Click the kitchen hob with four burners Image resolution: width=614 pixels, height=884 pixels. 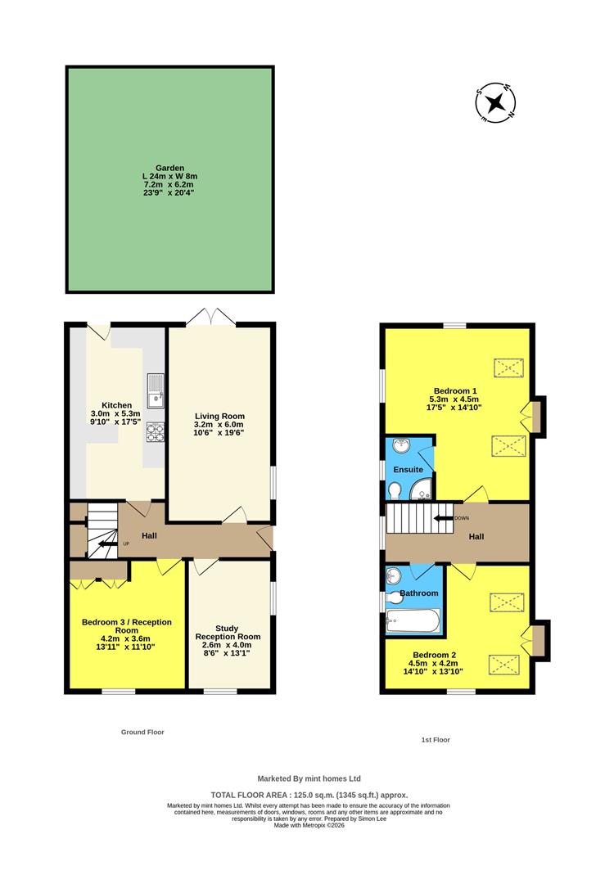[x=155, y=431]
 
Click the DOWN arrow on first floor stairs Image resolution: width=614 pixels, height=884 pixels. [x=444, y=518]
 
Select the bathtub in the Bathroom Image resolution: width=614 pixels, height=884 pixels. [x=413, y=622]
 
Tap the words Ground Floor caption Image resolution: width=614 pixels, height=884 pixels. [x=142, y=732]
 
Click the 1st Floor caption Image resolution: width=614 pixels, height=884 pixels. [x=436, y=739]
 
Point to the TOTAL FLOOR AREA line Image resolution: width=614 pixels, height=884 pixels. [x=309, y=795]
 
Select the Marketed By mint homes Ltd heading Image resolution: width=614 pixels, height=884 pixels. [x=309, y=778]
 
